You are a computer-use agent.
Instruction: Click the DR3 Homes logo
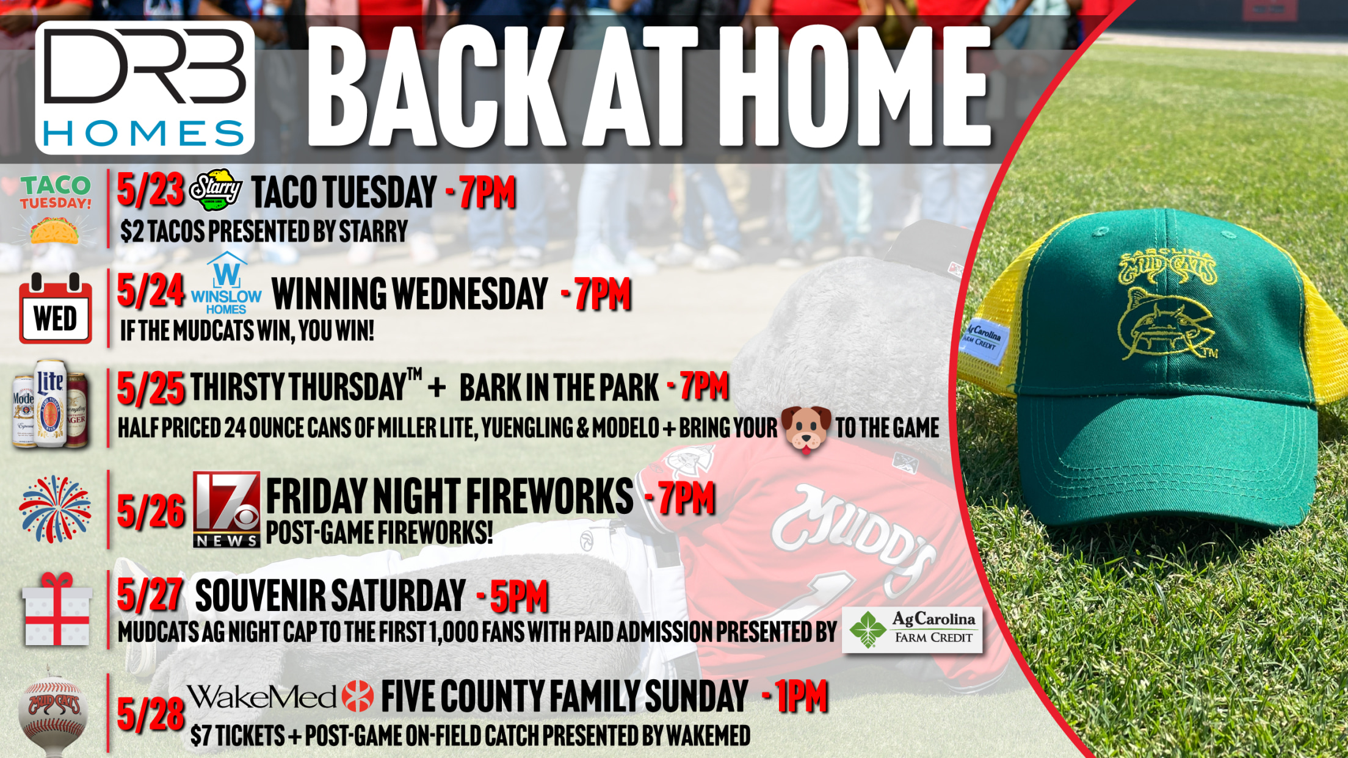pos(145,87)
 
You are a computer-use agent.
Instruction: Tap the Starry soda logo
pos(216,190)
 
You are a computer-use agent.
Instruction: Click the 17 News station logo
pos(226,510)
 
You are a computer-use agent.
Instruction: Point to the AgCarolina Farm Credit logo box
pos(912,630)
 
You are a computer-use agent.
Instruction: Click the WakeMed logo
pos(280,697)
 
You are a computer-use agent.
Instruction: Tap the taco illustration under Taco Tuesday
pos(54,231)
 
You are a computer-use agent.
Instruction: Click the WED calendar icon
pos(56,308)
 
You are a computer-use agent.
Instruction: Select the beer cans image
pos(50,403)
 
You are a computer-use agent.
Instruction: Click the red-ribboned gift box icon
pos(57,609)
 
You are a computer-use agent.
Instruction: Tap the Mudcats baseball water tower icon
pos(53,715)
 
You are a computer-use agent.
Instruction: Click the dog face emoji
pos(806,429)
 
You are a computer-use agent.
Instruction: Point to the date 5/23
pos(150,190)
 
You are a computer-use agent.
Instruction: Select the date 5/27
pos(150,595)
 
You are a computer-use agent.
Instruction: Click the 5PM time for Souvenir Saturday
pos(519,596)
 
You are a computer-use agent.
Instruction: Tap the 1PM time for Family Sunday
pos(801,696)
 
